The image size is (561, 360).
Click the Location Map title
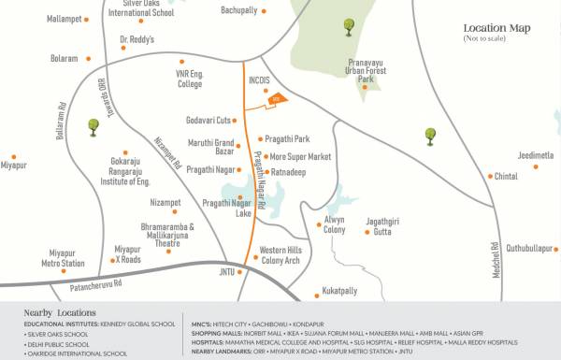pyautogui.click(x=496, y=29)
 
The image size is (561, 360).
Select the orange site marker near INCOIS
pyautogui.click(x=276, y=99)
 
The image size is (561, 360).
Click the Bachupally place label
pyautogui.click(x=238, y=10)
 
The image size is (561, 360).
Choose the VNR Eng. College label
pyautogui.click(x=189, y=79)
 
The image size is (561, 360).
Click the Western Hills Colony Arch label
pyautogui.click(x=280, y=255)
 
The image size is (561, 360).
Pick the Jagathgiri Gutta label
pyautogui.click(x=382, y=225)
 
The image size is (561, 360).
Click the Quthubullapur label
pyautogui.click(x=530, y=248)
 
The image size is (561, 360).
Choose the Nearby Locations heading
pyautogui.click(x=60, y=312)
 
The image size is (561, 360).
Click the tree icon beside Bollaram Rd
pyautogui.click(x=93, y=125)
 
